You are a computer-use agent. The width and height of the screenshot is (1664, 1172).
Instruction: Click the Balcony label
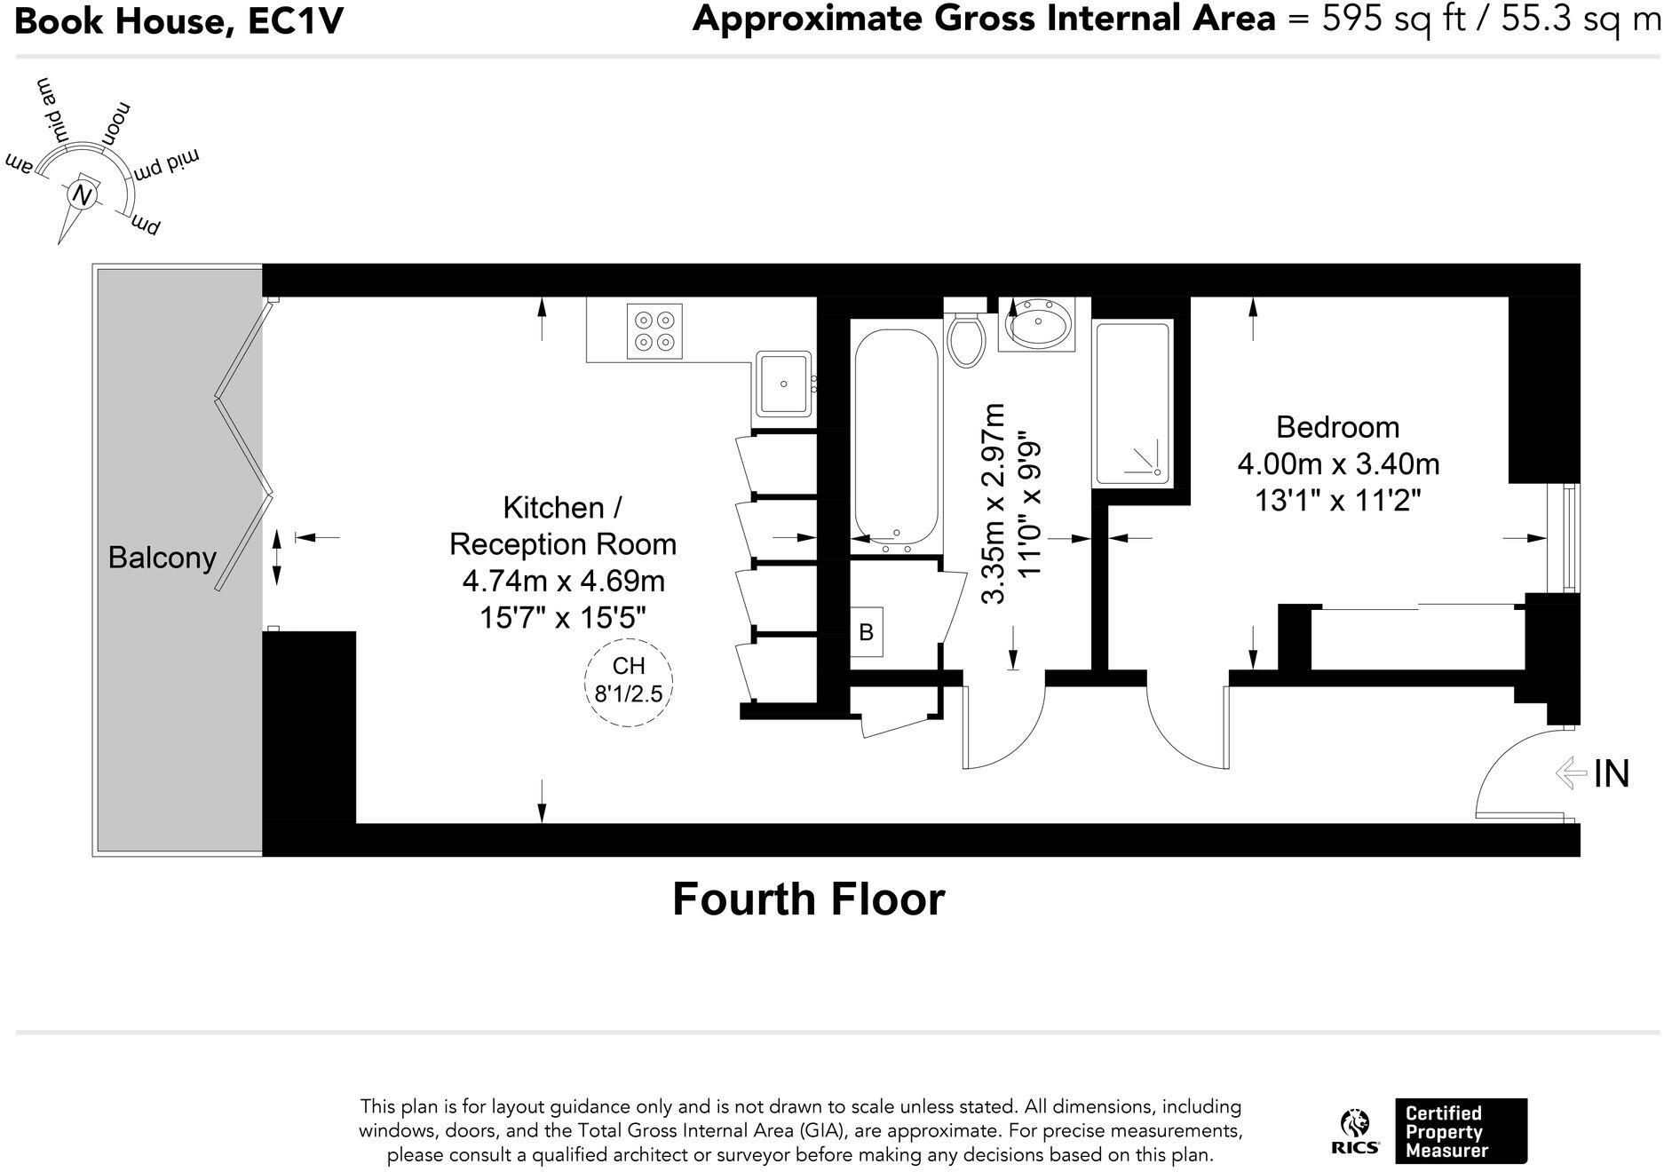click(162, 558)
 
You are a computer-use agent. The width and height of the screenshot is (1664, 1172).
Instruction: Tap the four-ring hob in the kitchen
click(654, 331)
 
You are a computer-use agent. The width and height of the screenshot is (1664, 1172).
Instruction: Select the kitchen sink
click(783, 384)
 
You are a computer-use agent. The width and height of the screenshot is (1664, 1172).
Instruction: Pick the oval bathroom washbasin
click(1038, 325)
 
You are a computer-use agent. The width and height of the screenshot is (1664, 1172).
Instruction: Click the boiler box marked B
click(867, 631)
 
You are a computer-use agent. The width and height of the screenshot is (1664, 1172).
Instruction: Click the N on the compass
click(83, 194)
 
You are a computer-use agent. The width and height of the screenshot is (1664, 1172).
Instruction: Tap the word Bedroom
click(1337, 427)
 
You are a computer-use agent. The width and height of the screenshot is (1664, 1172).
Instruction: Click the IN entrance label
click(1612, 773)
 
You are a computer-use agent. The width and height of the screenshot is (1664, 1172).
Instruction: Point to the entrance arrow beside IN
click(1571, 772)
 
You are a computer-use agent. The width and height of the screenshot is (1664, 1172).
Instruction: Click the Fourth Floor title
click(808, 899)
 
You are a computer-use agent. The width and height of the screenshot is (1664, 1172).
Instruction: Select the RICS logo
click(1355, 1131)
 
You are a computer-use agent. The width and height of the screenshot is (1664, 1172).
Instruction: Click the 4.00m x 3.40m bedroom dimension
click(1338, 464)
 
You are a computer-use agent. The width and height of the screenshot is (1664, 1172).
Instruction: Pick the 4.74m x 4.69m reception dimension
click(563, 581)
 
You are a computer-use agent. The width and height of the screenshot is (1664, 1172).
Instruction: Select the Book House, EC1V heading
click(178, 20)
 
